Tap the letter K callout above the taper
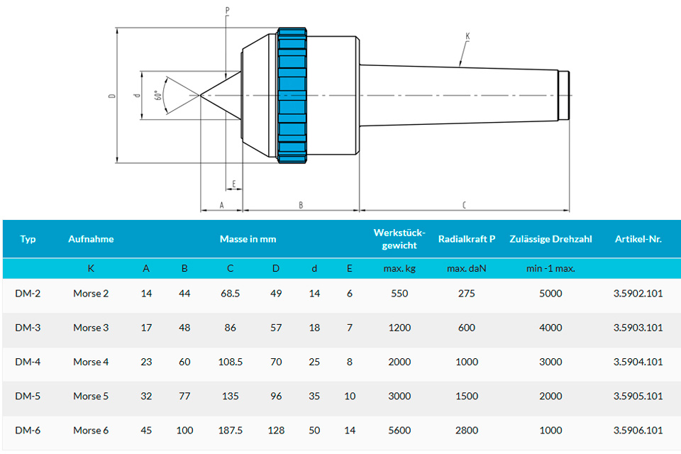(x=467, y=35)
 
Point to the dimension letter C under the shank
(x=464, y=205)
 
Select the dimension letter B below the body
(x=301, y=205)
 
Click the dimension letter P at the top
(x=226, y=11)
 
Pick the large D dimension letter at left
(x=111, y=95)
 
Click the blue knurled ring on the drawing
(x=292, y=95)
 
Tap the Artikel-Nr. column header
(x=638, y=239)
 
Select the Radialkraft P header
(x=467, y=239)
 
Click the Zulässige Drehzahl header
(x=550, y=239)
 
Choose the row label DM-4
(x=28, y=362)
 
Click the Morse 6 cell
(x=91, y=430)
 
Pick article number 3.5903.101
(x=638, y=328)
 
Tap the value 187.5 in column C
(x=231, y=430)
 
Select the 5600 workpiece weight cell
(x=399, y=430)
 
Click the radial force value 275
(x=467, y=294)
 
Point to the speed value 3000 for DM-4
(x=550, y=362)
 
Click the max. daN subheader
(x=467, y=269)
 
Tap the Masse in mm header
(x=248, y=239)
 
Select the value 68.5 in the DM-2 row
(x=231, y=294)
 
